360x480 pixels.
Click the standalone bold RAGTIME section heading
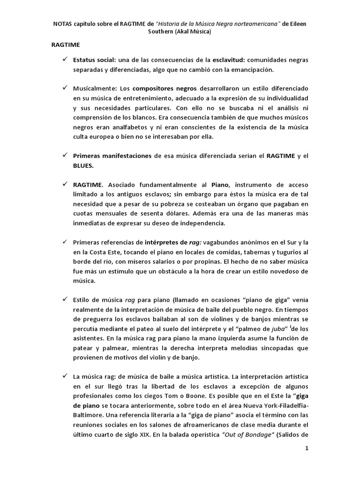65,45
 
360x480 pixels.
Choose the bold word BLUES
83,165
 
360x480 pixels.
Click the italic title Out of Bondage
242,434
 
